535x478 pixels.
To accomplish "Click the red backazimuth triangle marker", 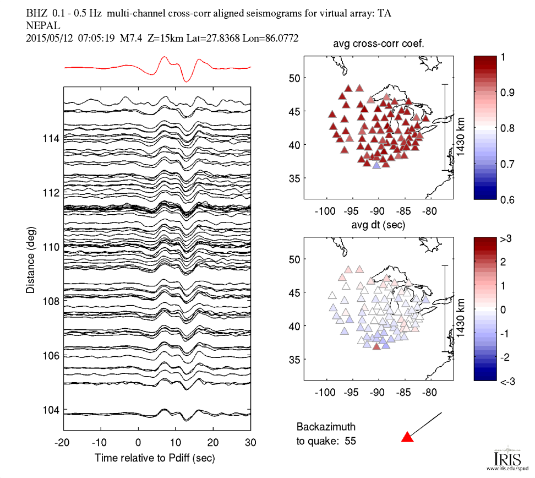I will click(x=407, y=437).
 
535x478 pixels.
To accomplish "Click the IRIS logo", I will click(x=504, y=458).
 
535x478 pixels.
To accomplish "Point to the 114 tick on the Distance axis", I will click(x=51, y=138).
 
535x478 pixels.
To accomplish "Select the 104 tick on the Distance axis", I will click(x=51, y=410).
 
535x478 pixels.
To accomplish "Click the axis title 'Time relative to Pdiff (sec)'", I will click(x=155, y=458).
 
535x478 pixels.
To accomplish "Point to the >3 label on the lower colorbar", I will click(x=507, y=238).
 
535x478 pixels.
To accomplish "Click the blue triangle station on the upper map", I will click(x=376, y=165).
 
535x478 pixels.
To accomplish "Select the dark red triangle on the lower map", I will click(x=376, y=346).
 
